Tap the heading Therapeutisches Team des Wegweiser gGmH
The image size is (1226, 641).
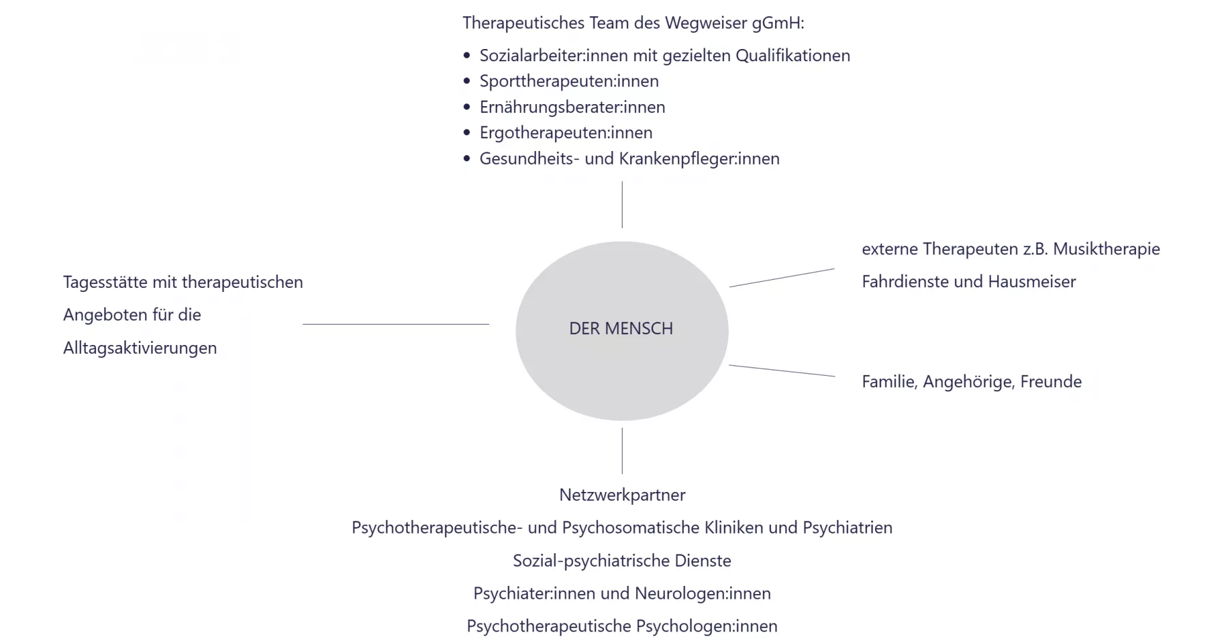click(x=633, y=23)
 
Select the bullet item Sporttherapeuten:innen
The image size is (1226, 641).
click(x=569, y=81)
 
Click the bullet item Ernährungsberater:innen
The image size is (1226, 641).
click(x=572, y=107)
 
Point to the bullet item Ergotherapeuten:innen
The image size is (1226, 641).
click(x=565, y=133)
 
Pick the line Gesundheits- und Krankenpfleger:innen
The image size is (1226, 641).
click(x=629, y=159)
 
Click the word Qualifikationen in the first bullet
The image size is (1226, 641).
click(x=793, y=56)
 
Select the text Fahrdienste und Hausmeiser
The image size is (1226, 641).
click(x=969, y=282)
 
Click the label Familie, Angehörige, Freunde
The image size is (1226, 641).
click(x=971, y=382)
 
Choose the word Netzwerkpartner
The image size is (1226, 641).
click(x=622, y=495)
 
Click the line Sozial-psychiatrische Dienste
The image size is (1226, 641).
click(x=622, y=561)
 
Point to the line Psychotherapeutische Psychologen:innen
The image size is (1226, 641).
click(x=622, y=626)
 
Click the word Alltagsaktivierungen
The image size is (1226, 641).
click(x=140, y=348)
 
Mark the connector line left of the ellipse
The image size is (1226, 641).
click(x=395, y=324)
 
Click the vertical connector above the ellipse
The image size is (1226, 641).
click(x=622, y=204)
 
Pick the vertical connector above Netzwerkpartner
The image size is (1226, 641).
click(x=622, y=450)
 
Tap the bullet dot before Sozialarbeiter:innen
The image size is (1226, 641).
click(x=467, y=56)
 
